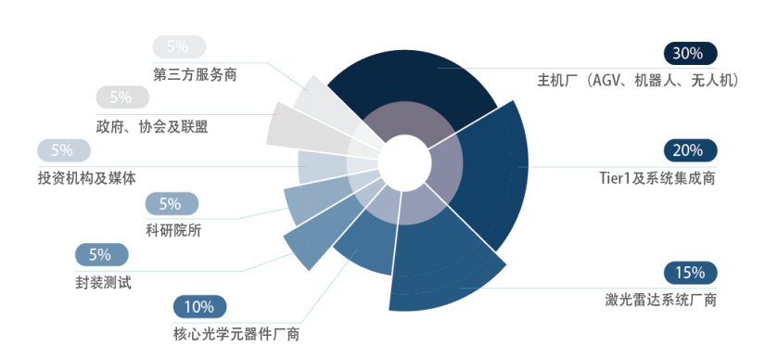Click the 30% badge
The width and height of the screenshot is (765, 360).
(690, 54)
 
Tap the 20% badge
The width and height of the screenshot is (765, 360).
(690, 150)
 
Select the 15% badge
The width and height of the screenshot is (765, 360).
(690, 272)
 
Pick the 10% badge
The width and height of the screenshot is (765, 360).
(200, 307)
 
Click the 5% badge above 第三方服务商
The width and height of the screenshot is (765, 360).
(179, 46)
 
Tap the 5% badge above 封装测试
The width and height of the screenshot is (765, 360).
(101, 254)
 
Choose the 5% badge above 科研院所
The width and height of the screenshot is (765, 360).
(172, 204)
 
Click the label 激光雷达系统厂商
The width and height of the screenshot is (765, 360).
(660, 300)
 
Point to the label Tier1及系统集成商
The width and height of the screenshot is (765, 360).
(657, 178)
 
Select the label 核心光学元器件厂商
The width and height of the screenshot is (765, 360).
(236, 335)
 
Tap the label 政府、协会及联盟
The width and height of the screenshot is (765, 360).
(152, 126)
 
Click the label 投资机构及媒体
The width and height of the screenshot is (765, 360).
(87, 178)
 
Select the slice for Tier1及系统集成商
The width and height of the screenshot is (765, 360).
(488, 171)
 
